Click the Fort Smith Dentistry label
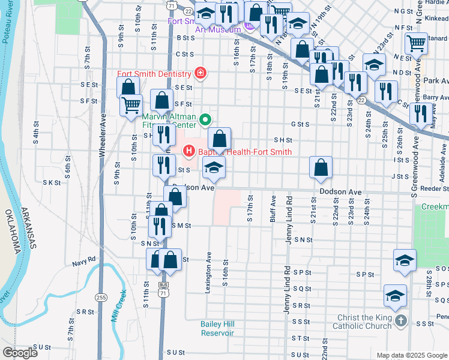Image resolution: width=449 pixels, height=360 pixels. click(155, 74)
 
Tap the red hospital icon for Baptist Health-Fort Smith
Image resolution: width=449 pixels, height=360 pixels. click(190, 151)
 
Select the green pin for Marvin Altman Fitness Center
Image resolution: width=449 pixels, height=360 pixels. click(205, 119)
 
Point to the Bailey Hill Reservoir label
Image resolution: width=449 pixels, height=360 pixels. click(217, 329)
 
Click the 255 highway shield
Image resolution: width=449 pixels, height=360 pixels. click(100, 297)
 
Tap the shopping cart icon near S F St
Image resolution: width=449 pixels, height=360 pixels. click(131, 106)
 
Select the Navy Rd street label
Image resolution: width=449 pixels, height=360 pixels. click(84, 261)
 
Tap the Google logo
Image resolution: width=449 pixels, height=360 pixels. click(20, 353)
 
